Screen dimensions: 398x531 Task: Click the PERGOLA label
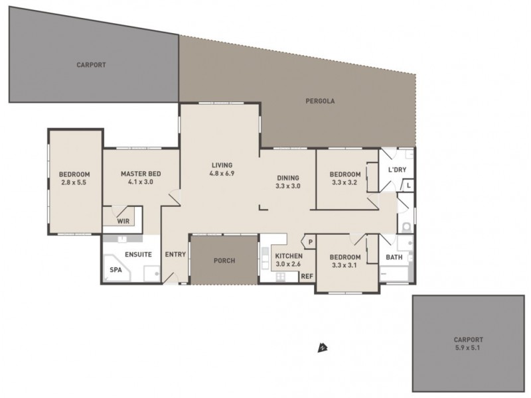[x=320, y=101]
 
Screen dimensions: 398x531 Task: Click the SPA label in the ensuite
[x=115, y=271]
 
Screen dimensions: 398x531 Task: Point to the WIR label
[x=123, y=221]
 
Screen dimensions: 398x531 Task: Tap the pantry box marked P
[x=309, y=242]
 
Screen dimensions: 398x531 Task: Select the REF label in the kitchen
[x=307, y=276]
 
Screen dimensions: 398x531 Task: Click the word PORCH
[x=224, y=260]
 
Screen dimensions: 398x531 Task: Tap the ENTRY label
[x=176, y=254]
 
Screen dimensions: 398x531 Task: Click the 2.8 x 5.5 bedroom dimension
[x=74, y=181]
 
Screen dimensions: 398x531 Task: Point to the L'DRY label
[x=396, y=170]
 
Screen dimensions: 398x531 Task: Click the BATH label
[x=394, y=257]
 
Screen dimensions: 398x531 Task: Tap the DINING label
[x=288, y=178]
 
